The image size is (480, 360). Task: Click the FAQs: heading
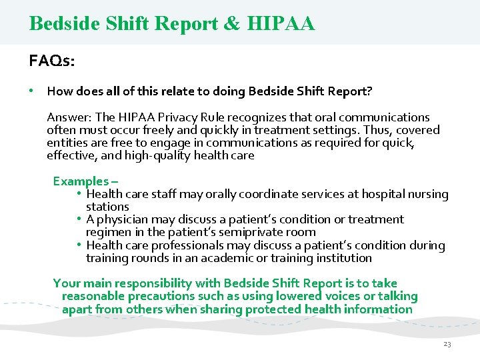coord(52,61)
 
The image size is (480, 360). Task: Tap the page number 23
coord(447,344)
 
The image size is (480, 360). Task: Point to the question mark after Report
coord(369,91)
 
